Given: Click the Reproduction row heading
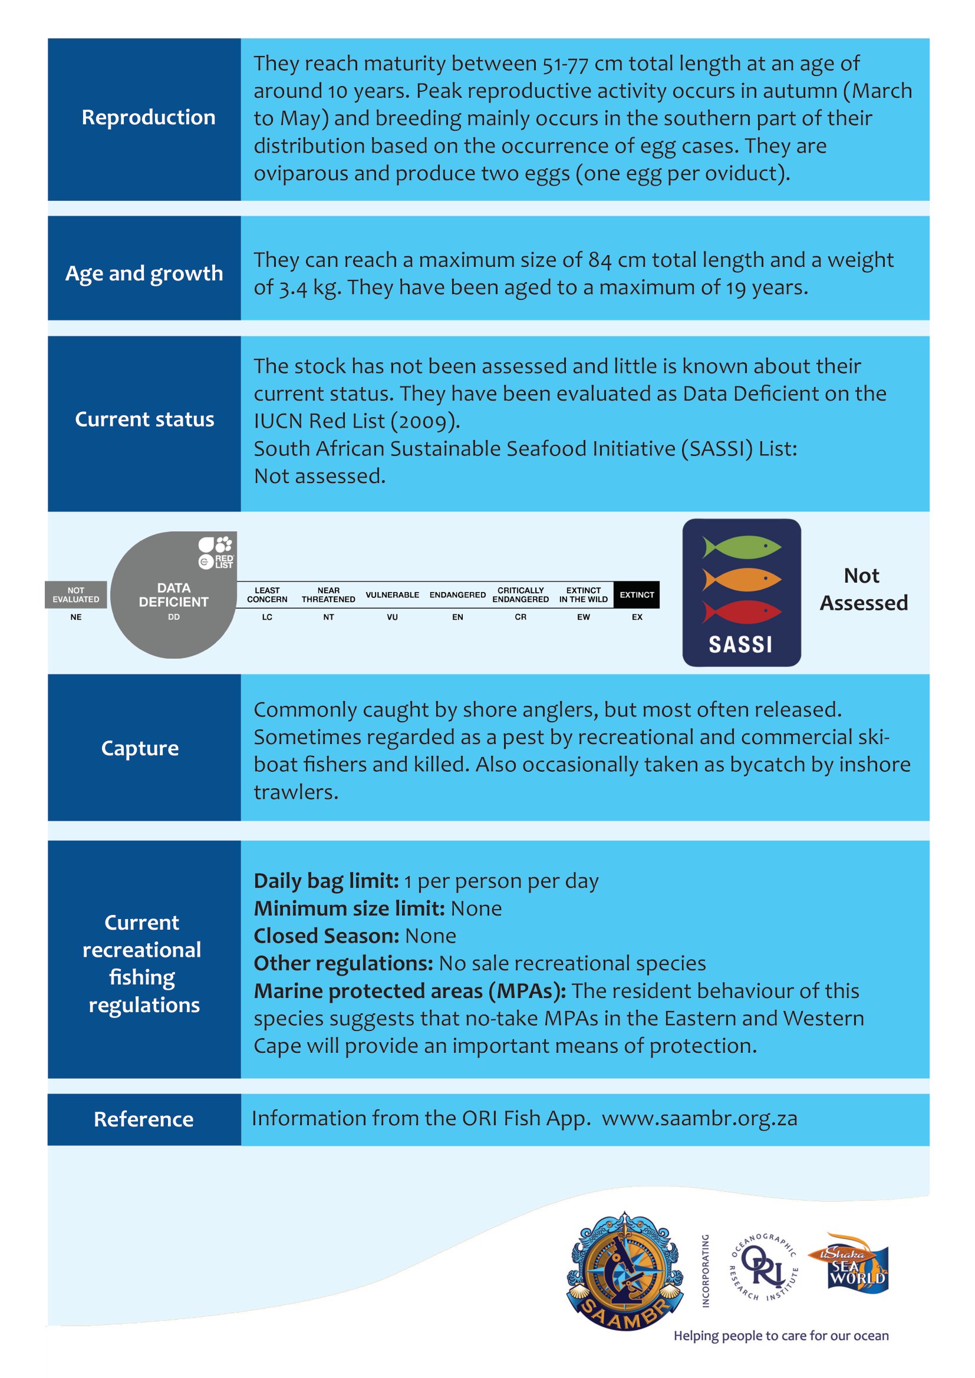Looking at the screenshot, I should coord(149,117).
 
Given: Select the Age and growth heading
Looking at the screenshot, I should coord(144,273).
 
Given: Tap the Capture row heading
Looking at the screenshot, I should coord(140,748).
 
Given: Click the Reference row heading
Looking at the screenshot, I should coord(143,1119).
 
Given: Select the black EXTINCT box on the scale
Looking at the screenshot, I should coord(637,594).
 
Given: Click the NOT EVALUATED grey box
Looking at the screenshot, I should coord(75,594).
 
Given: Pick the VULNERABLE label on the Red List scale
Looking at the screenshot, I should coord(392,595).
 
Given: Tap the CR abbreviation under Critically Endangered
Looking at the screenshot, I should coord(521,617).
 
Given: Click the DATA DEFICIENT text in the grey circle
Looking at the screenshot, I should coord(173,595).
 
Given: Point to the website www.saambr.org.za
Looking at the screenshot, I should coord(700,1118).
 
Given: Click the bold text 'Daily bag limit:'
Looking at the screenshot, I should coord(326,880).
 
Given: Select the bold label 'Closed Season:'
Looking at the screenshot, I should coord(327,936).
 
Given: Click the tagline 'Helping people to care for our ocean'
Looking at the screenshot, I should coord(780,1336).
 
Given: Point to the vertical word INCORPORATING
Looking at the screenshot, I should coord(706,1271).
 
